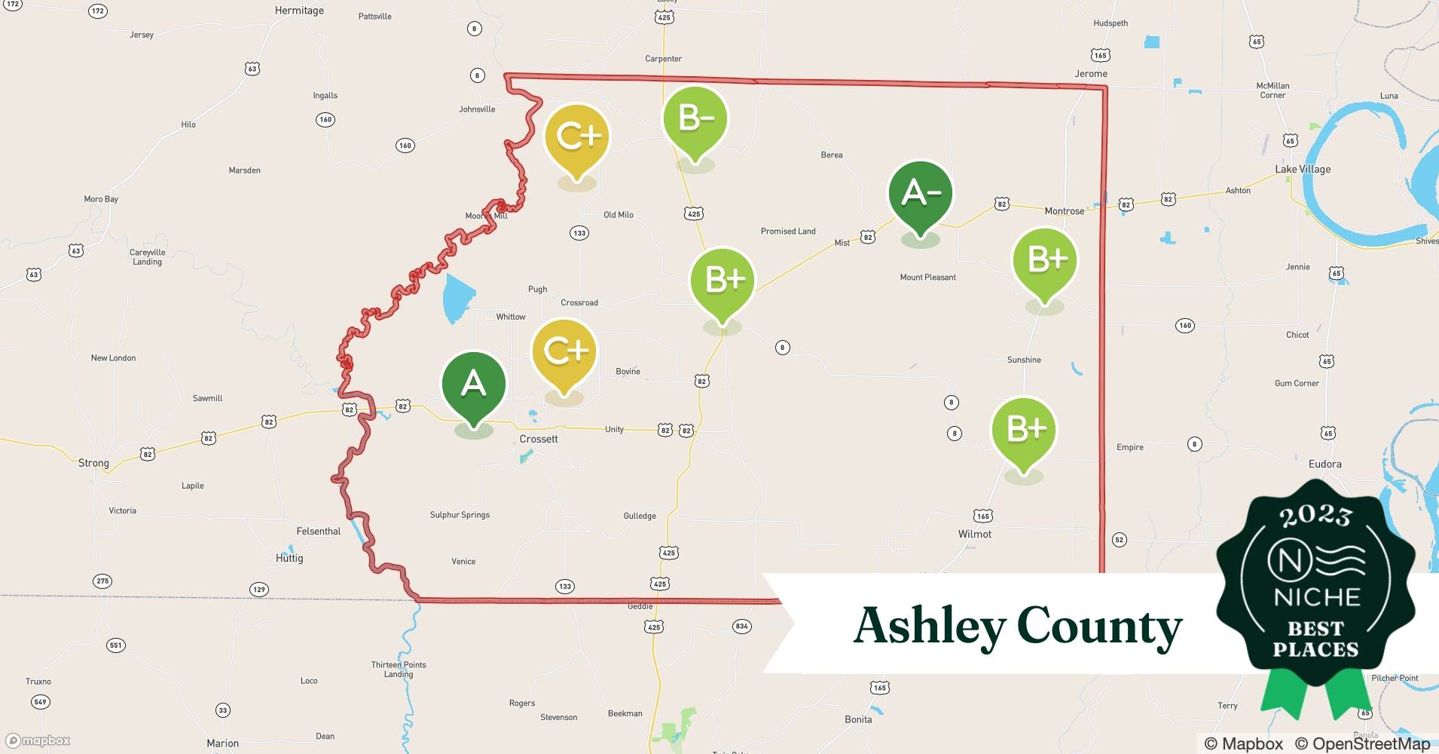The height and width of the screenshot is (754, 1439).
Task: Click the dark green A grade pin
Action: tap(473, 385)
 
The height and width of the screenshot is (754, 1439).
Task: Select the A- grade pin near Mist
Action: tap(920, 194)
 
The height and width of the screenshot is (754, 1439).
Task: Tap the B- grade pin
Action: tap(695, 119)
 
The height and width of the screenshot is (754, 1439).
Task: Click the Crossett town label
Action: tap(539, 439)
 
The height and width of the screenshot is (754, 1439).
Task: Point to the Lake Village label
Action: tap(1303, 169)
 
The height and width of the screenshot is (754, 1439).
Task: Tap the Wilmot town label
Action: tap(975, 534)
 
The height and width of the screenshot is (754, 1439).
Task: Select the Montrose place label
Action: tap(1064, 211)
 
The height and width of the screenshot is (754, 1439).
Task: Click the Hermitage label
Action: tap(299, 11)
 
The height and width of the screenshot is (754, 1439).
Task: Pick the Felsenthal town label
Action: tap(319, 532)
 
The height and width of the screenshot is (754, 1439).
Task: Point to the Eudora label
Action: tap(1324, 464)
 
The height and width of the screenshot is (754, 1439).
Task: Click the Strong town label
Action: tap(93, 463)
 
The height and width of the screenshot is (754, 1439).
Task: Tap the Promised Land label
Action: tap(788, 231)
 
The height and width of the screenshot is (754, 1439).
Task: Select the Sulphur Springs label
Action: tap(460, 515)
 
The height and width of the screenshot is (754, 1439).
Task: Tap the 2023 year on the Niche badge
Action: tap(1315, 516)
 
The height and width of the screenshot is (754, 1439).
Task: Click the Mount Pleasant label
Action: tap(927, 277)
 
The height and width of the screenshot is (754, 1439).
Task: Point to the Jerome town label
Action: tap(1091, 74)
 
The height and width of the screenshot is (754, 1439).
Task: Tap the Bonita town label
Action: tap(858, 719)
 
